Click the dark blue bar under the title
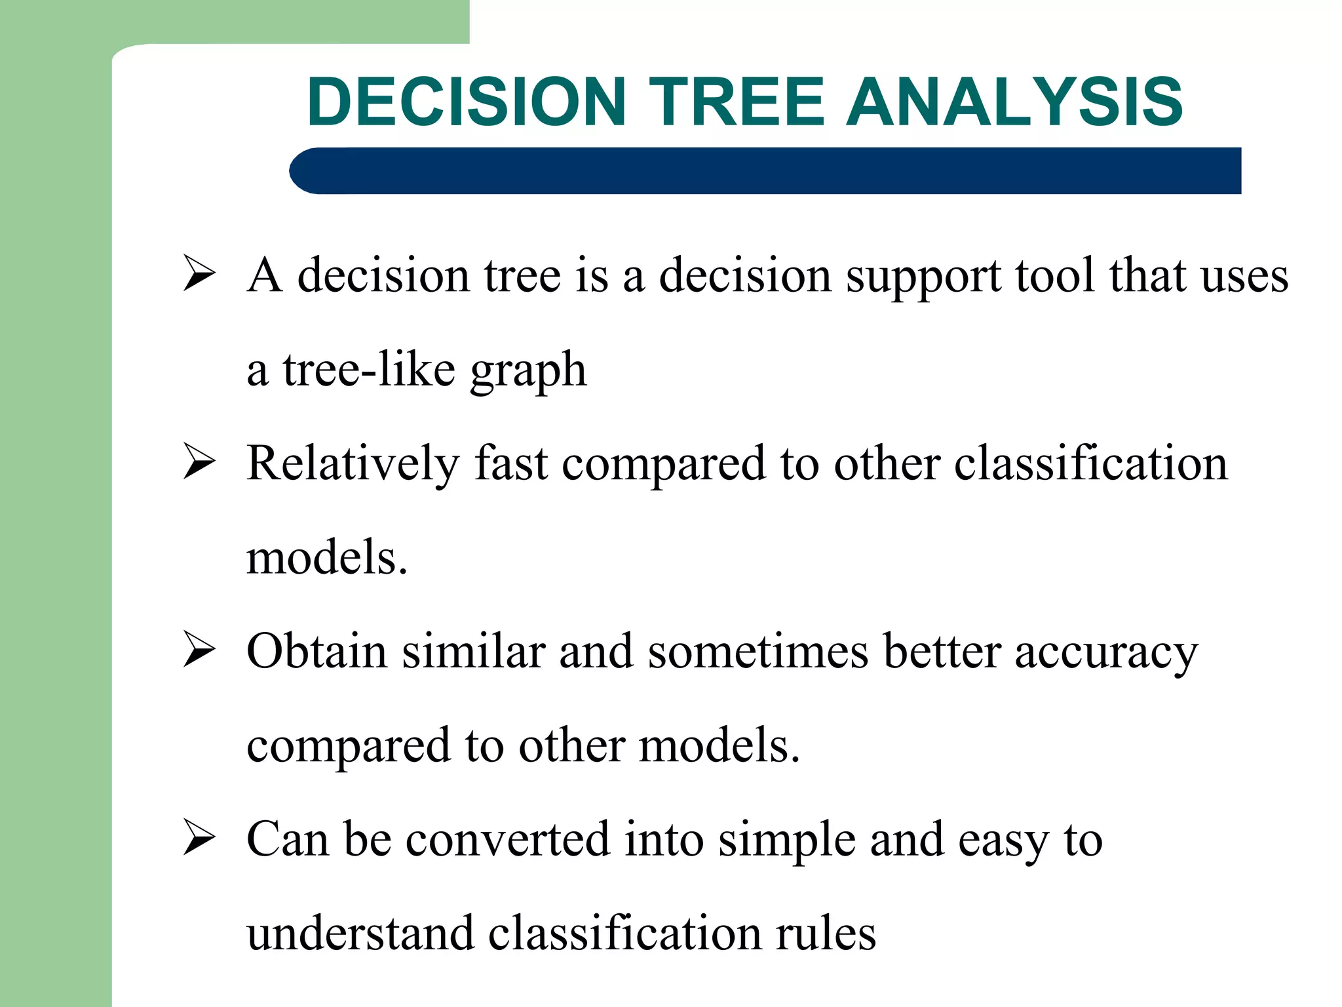[765, 170]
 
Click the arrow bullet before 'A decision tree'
[199, 273]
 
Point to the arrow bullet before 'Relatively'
[199, 462]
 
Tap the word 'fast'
[511, 463]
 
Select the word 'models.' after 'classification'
[327, 557]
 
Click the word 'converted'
[507, 839]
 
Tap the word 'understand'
[360, 933]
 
